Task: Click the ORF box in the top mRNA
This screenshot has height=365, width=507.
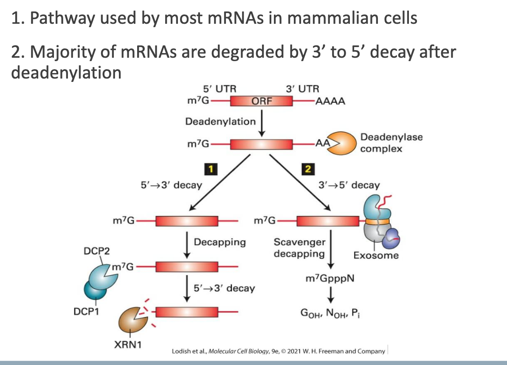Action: click(x=261, y=101)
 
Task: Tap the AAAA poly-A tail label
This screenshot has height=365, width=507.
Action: click(x=330, y=101)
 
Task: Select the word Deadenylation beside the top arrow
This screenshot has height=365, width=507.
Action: click(x=220, y=121)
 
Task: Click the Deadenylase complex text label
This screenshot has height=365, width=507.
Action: click(x=391, y=143)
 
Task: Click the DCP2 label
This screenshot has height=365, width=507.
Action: click(x=96, y=251)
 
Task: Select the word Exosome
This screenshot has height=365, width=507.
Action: click(x=376, y=255)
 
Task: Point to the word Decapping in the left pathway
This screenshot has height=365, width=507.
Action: click(x=220, y=242)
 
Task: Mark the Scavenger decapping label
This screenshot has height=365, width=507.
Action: click(x=299, y=248)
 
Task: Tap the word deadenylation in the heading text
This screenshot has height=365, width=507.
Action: click(x=66, y=73)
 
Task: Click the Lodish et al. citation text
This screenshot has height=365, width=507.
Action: click(x=279, y=351)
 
